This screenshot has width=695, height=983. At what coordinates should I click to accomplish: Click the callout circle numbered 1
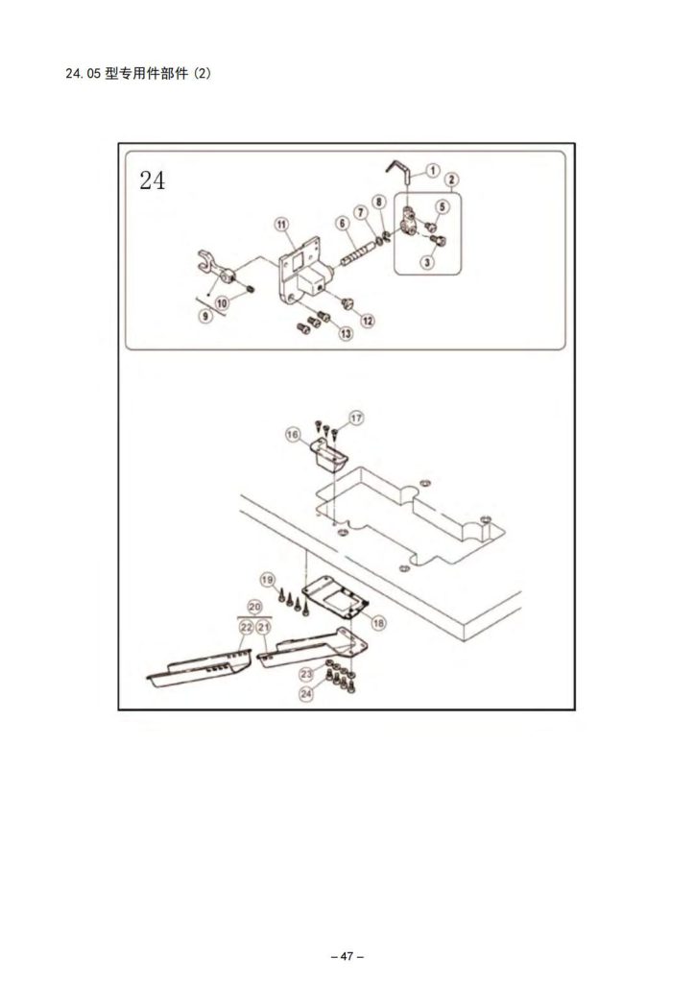pyautogui.click(x=432, y=170)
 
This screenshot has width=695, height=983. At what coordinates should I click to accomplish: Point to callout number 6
pyautogui.click(x=341, y=224)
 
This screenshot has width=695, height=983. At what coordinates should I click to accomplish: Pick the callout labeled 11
pyautogui.click(x=282, y=225)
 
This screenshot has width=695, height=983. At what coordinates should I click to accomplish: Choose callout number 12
pyautogui.click(x=367, y=320)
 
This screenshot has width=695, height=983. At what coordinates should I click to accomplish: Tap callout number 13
pyautogui.click(x=345, y=333)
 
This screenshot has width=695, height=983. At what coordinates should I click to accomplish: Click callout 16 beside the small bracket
pyautogui.click(x=292, y=435)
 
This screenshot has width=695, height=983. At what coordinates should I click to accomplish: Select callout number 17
pyautogui.click(x=356, y=418)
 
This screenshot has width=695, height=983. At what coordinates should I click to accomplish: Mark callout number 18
pyautogui.click(x=378, y=622)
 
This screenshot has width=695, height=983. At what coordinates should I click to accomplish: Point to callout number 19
pyautogui.click(x=268, y=580)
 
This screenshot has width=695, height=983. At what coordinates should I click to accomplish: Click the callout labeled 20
pyautogui.click(x=254, y=607)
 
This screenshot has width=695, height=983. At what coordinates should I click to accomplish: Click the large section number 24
pyautogui.click(x=152, y=180)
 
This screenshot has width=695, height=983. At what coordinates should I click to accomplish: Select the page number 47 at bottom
pyautogui.click(x=347, y=956)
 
